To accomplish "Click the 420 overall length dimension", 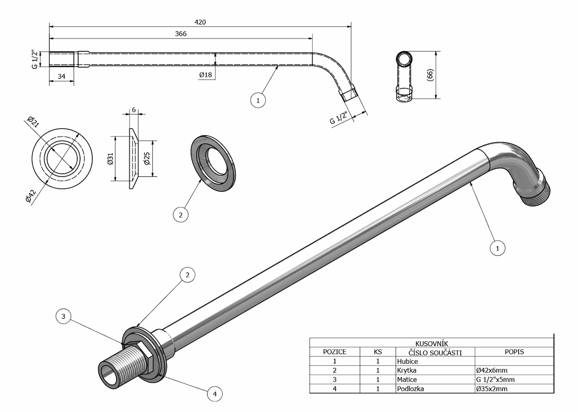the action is (x=200, y=22).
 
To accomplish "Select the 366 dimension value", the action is (x=181, y=34).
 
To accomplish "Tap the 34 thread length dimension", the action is (x=62, y=76).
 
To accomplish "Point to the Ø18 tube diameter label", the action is (x=205, y=75).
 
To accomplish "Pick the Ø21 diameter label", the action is (x=34, y=122).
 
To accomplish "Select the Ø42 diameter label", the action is (x=30, y=196).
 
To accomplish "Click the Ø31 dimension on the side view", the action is (x=110, y=159).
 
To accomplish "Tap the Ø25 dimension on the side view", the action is (x=146, y=159).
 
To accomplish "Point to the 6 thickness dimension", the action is (x=134, y=110).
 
